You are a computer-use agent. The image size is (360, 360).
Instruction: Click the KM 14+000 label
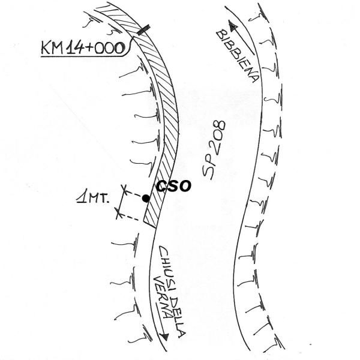click(x=83, y=48)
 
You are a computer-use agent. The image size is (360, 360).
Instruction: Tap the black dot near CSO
click(x=146, y=198)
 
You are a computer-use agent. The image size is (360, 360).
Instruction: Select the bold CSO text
click(x=174, y=185)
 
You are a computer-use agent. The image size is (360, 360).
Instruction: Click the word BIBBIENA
click(x=238, y=56)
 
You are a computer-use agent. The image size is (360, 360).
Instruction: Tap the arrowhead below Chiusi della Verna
click(x=164, y=337)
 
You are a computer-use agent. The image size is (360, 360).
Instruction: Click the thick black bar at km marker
click(x=144, y=29)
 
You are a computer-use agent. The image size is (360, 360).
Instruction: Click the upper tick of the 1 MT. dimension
click(x=124, y=190)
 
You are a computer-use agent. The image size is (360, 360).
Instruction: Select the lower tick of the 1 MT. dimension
click(x=118, y=212)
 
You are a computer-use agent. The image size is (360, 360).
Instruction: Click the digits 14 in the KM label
click(x=73, y=48)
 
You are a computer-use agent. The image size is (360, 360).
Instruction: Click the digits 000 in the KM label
click(x=110, y=48)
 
